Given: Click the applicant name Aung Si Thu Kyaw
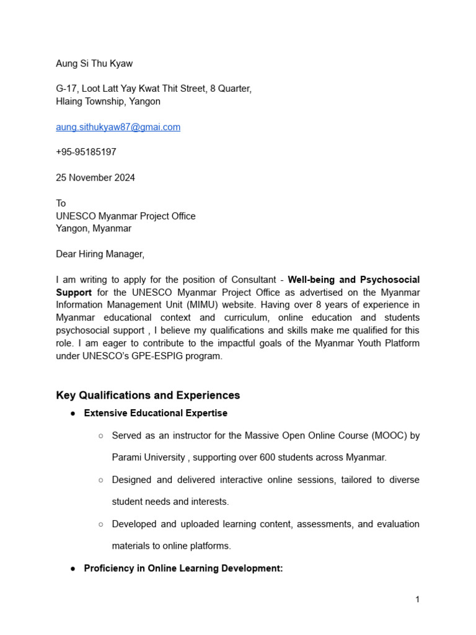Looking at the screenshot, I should [94, 63].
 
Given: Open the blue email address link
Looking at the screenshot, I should [118, 127].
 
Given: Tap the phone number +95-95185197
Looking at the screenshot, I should [86, 152].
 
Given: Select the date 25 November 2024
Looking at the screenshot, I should [95, 177].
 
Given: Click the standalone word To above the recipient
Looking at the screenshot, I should [61, 203].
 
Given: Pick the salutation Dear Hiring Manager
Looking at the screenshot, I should [100, 254].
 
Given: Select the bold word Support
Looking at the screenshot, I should [74, 292].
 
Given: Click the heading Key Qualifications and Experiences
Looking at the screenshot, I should [148, 395].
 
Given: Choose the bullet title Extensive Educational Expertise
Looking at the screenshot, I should [156, 413].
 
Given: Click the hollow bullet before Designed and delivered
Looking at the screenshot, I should [100, 480].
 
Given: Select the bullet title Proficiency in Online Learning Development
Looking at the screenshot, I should [183, 568].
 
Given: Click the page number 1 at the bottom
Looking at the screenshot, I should [418, 599].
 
